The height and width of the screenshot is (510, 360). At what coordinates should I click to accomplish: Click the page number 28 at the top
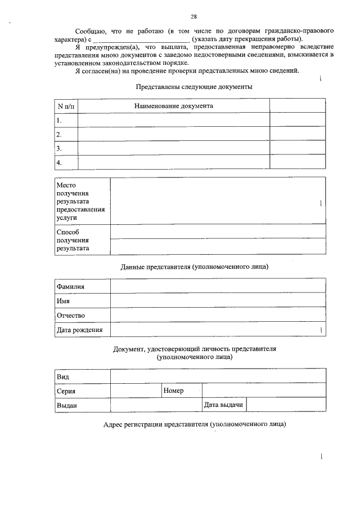pos(193,16)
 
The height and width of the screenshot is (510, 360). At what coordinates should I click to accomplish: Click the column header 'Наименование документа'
pos(173,105)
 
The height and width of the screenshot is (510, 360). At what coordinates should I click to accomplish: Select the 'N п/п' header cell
pos(66,106)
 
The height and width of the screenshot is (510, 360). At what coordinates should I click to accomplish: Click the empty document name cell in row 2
pos(173,134)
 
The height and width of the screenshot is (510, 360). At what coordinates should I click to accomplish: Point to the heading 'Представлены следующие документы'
pos(194,87)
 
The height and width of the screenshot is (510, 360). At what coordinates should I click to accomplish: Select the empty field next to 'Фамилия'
pos(218,286)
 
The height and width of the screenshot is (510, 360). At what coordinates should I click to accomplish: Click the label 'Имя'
pos(63,301)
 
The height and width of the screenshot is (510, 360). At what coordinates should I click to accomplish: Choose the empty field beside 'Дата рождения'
pos(218,330)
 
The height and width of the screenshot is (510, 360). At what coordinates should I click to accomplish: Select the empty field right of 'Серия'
pos(136,391)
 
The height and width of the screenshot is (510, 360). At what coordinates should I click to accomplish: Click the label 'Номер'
pos(174,390)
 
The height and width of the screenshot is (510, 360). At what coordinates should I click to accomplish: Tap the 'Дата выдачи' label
pos(223,405)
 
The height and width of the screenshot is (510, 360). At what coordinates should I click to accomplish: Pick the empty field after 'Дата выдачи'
pos(286,405)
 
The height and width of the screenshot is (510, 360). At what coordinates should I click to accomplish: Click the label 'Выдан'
pos(66,405)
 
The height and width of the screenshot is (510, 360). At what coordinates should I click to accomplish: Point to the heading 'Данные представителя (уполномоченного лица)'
pos(194,266)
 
